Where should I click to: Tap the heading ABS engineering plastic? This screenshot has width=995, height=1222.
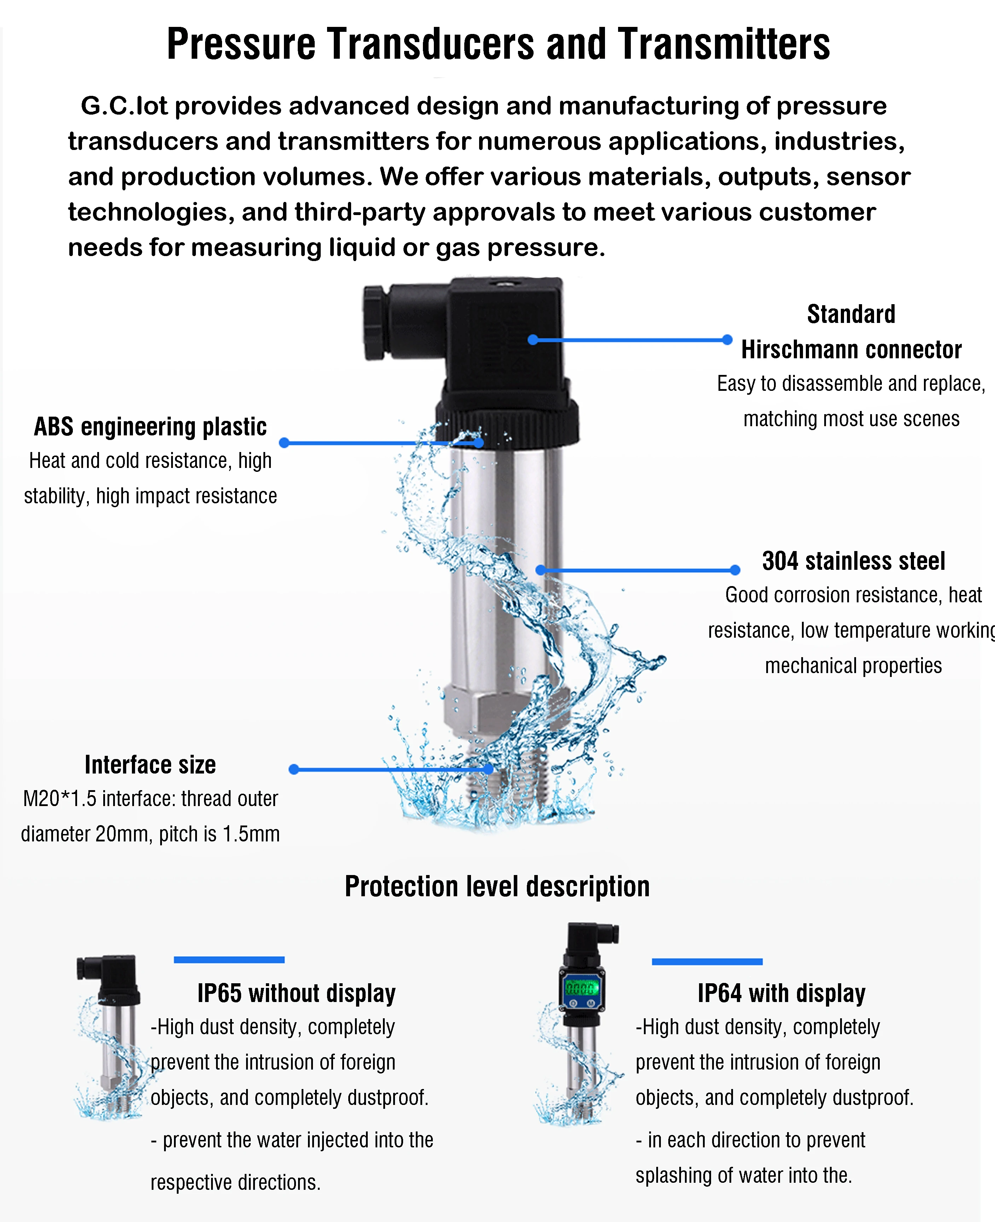pyautogui.click(x=150, y=427)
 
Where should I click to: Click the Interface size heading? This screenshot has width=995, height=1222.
pyautogui.click(x=150, y=765)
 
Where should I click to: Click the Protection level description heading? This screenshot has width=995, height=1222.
pyautogui.click(x=497, y=887)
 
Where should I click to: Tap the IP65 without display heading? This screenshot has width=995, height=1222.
pyautogui.click(x=296, y=993)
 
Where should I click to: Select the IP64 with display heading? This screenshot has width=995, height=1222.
pyautogui.click(x=781, y=993)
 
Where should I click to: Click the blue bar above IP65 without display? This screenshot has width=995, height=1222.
pyautogui.click(x=229, y=960)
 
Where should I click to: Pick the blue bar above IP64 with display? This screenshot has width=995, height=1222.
pyautogui.click(x=707, y=961)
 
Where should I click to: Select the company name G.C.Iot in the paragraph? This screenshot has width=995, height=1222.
pyautogui.click(x=124, y=106)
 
